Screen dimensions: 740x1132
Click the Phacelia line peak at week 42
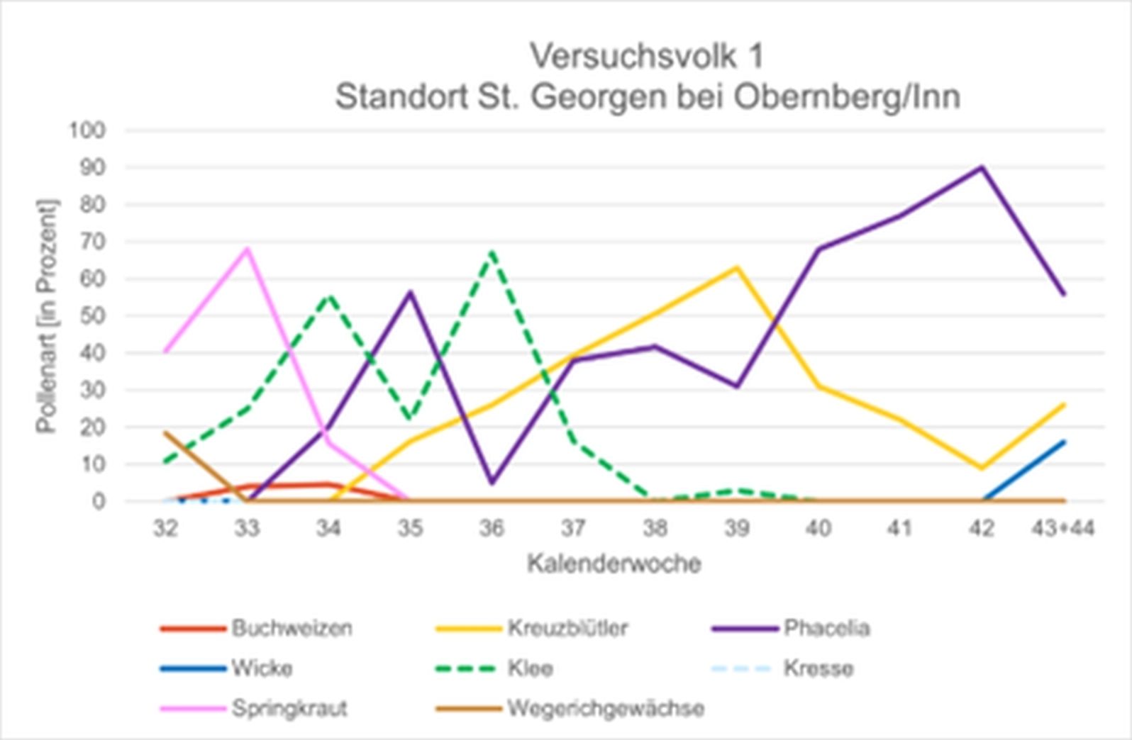[x=982, y=168]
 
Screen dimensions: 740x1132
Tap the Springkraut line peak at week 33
[x=247, y=249]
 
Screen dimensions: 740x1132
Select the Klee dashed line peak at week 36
[x=492, y=252]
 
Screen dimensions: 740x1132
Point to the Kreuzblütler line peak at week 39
[x=737, y=268]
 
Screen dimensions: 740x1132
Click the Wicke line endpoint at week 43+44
[x=1064, y=442]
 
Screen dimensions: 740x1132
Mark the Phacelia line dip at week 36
[x=492, y=483]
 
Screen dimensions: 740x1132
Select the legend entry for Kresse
[x=818, y=668]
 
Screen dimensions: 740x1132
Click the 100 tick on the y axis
[x=87, y=130]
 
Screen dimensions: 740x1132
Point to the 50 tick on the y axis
[x=91, y=315]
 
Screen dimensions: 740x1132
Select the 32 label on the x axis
[x=165, y=528]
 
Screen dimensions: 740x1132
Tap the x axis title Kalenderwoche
[x=614, y=564]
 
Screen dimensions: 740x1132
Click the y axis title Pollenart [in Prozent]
[x=47, y=315]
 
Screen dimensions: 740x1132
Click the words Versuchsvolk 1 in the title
[x=647, y=57]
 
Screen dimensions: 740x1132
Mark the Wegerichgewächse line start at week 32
[x=165, y=432]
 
